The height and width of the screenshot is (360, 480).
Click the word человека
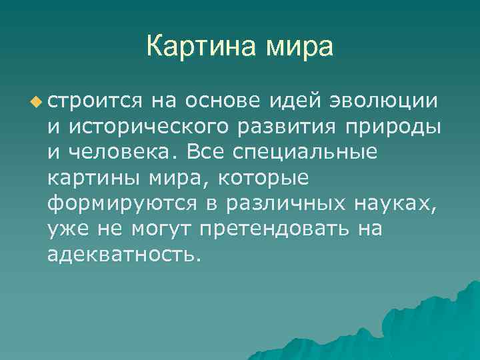(x=119, y=152)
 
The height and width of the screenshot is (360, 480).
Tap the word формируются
(x=116, y=204)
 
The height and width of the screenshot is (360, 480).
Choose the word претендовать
(x=273, y=230)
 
